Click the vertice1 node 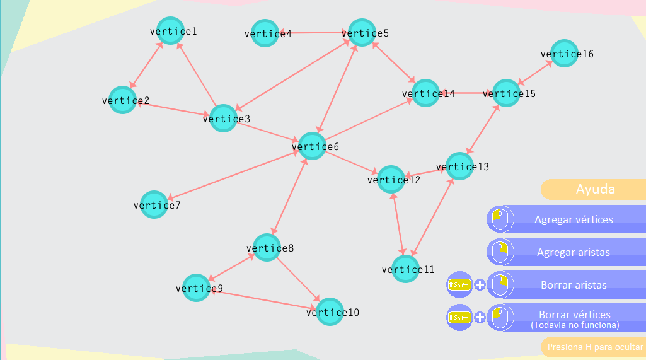170,31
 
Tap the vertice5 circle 362,33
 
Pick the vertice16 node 564,54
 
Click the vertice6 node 312,146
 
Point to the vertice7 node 154,205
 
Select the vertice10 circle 330,312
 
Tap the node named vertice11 405,269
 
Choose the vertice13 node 459,166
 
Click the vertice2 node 123,100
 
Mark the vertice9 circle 197,288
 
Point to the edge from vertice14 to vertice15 465,93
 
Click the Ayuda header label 595,189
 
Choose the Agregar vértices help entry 574,219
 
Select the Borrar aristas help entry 574,285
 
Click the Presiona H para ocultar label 594,347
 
